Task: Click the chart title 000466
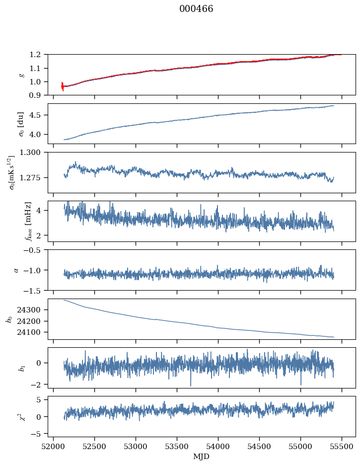tap(196, 9)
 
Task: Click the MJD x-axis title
tap(202, 457)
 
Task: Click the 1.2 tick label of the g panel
tap(38, 55)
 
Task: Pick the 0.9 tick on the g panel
tap(38, 95)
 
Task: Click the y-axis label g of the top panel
tap(21, 75)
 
